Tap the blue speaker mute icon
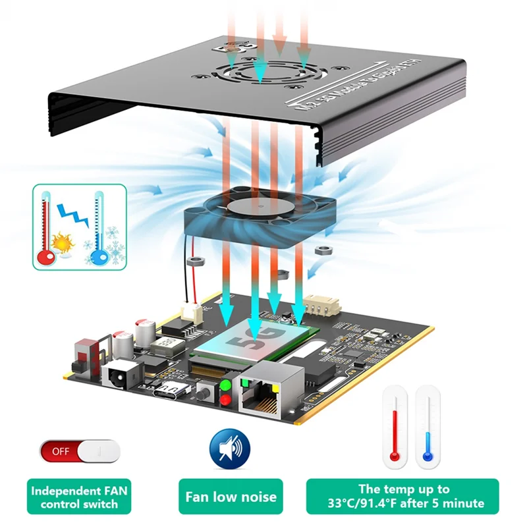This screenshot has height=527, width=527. (x=230, y=450)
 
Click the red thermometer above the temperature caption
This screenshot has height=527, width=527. (x=395, y=425)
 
